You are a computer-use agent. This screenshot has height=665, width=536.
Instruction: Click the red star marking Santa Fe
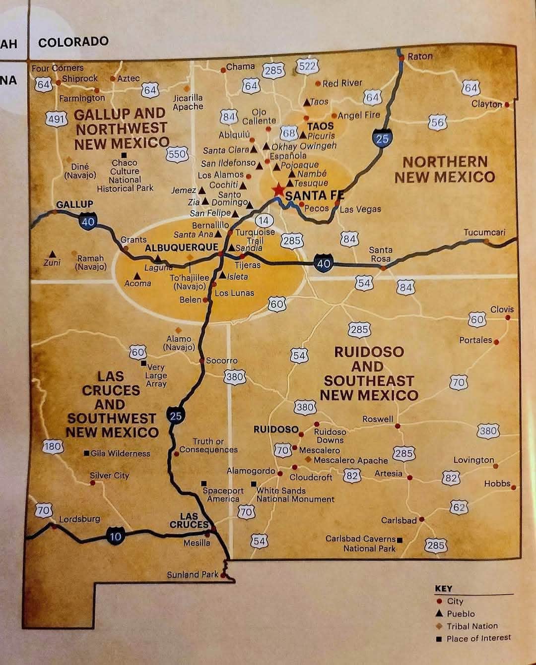(278, 190)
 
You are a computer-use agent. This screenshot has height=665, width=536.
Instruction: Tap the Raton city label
(420, 57)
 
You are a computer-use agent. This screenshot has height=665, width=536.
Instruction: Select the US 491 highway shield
(56, 119)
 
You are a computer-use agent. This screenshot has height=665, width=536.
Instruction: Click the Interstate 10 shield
(115, 536)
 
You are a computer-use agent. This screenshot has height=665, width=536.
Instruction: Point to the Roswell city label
(378, 419)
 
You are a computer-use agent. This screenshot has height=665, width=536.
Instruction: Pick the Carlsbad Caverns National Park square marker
(400, 540)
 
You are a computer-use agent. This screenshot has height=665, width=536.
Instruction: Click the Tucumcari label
(484, 232)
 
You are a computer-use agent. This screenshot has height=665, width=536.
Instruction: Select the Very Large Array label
(156, 375)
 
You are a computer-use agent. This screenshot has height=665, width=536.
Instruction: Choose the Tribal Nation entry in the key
(471, 626)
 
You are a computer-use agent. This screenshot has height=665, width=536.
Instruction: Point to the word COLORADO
(73, 42)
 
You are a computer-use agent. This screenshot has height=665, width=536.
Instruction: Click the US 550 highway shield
(177, 154)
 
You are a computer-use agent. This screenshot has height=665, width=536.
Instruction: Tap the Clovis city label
(502, 309)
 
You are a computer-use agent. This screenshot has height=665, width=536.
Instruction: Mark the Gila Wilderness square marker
(87, 453)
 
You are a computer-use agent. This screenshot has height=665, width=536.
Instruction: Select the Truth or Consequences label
(208, 445)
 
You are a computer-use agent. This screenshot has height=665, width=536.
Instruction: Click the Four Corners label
(58, 68)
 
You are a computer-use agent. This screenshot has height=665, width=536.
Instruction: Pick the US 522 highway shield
(307, 66)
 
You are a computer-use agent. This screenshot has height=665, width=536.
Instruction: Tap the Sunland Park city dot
(223, 576)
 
